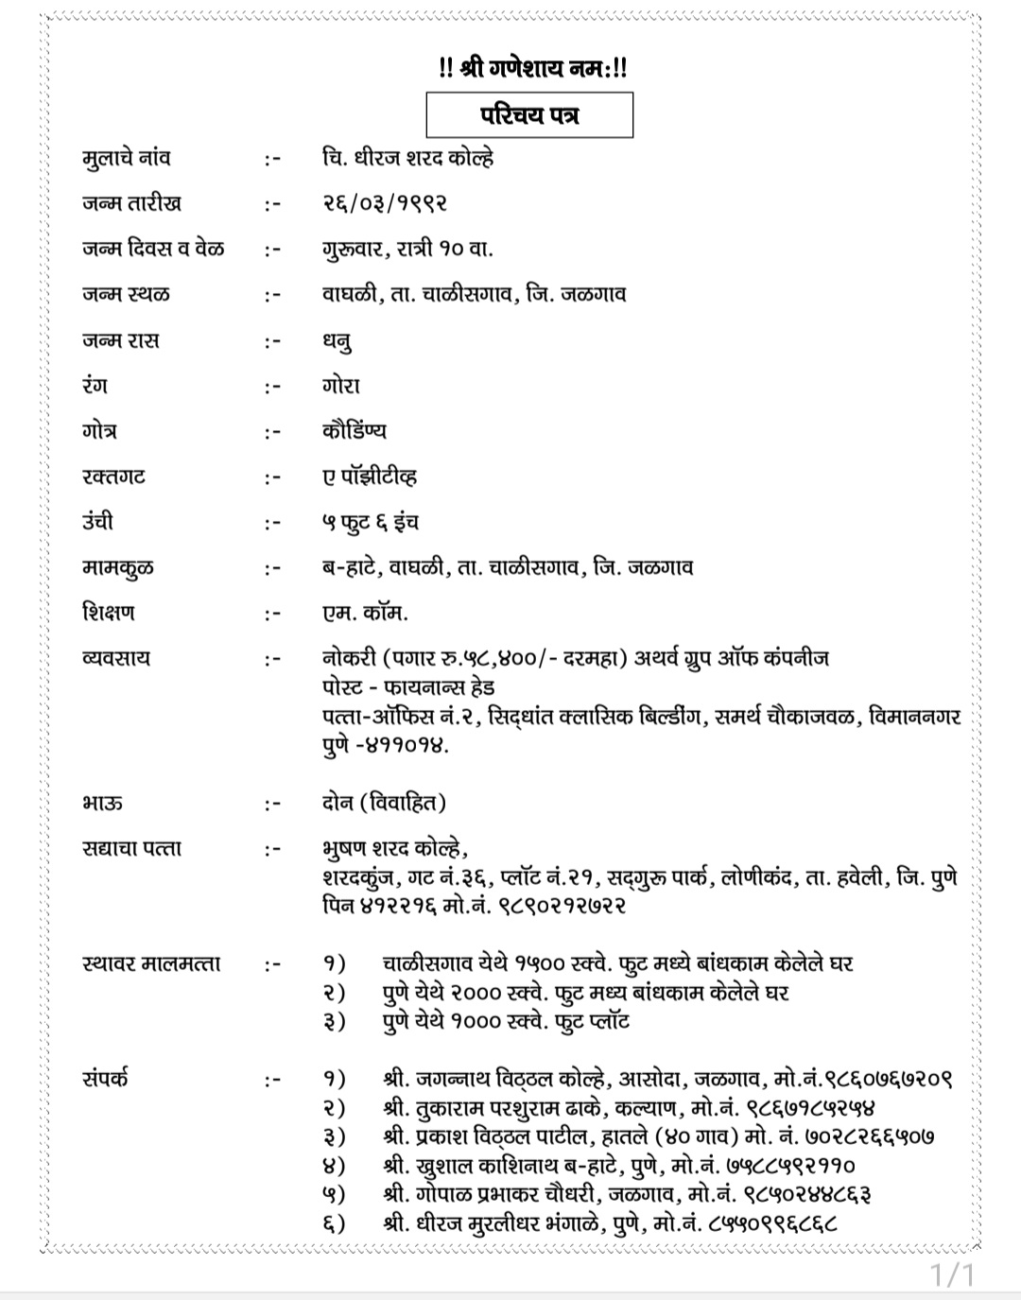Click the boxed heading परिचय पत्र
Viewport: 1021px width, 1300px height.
coord(529,115)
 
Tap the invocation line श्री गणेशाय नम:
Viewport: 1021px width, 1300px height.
coord(533,68)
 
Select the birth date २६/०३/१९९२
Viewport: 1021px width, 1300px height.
coord(384,203)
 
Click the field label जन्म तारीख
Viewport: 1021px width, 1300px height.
coord(131,203)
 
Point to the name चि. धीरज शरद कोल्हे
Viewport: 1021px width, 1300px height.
coord(407,158)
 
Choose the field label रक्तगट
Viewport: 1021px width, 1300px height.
coord(114,477)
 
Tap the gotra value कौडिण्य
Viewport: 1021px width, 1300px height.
coord(354,431)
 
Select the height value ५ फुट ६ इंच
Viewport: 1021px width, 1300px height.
coord(370,522)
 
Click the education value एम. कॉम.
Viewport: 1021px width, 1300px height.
coord(365,613)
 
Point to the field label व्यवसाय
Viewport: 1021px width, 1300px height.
coord(116,658)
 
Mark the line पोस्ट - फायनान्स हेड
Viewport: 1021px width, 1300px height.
coord(407,687)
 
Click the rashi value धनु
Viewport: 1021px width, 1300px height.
coord(337,341)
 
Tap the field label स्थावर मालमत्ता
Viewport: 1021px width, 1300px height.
coord(151,964)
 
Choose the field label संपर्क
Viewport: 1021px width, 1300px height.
coord(105,1079)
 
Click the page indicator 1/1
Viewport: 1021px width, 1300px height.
coord(952,1275)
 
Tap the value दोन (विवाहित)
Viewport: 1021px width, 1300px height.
coord(384,804)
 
